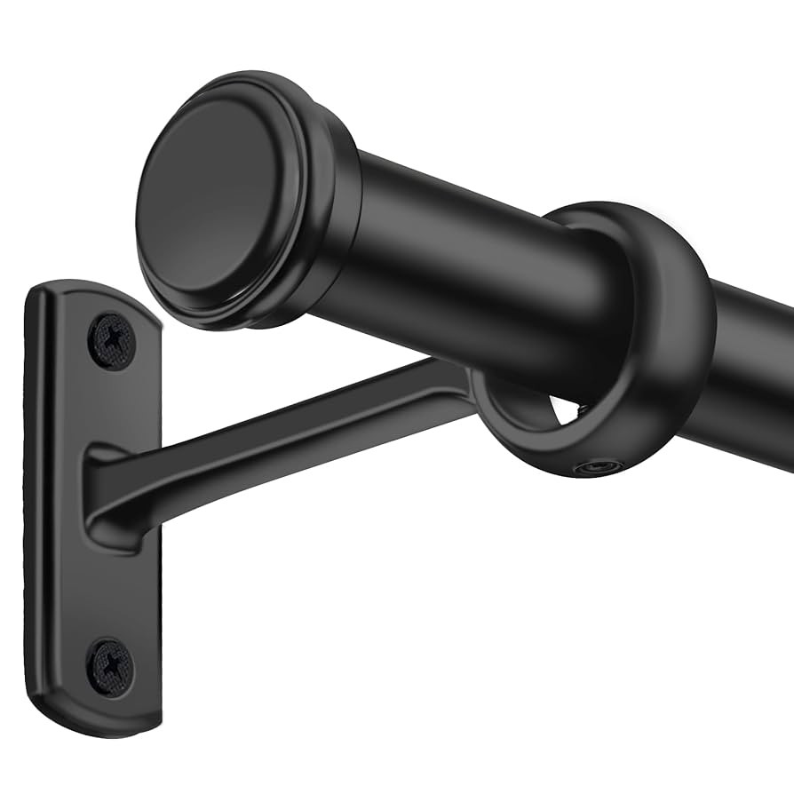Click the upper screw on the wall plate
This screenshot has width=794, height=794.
point(112,341)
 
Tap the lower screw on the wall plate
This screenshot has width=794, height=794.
point(111,666)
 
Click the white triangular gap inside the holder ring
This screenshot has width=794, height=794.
point(565,410)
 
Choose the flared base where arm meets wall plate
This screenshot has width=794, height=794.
point(111,497)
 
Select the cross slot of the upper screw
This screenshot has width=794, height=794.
point(112,341)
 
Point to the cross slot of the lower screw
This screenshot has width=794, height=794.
point(111,666)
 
